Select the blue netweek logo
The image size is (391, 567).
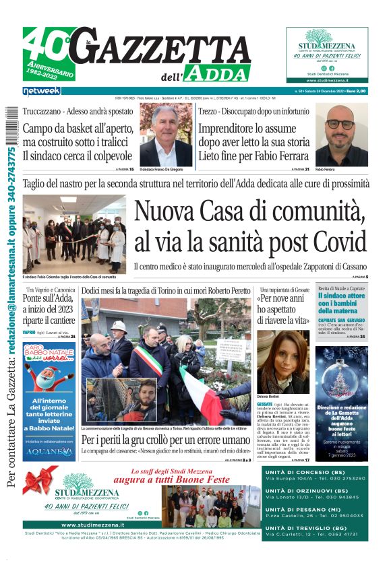tap(41, 90)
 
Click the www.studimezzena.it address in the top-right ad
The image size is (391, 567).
tap(327, 80)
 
